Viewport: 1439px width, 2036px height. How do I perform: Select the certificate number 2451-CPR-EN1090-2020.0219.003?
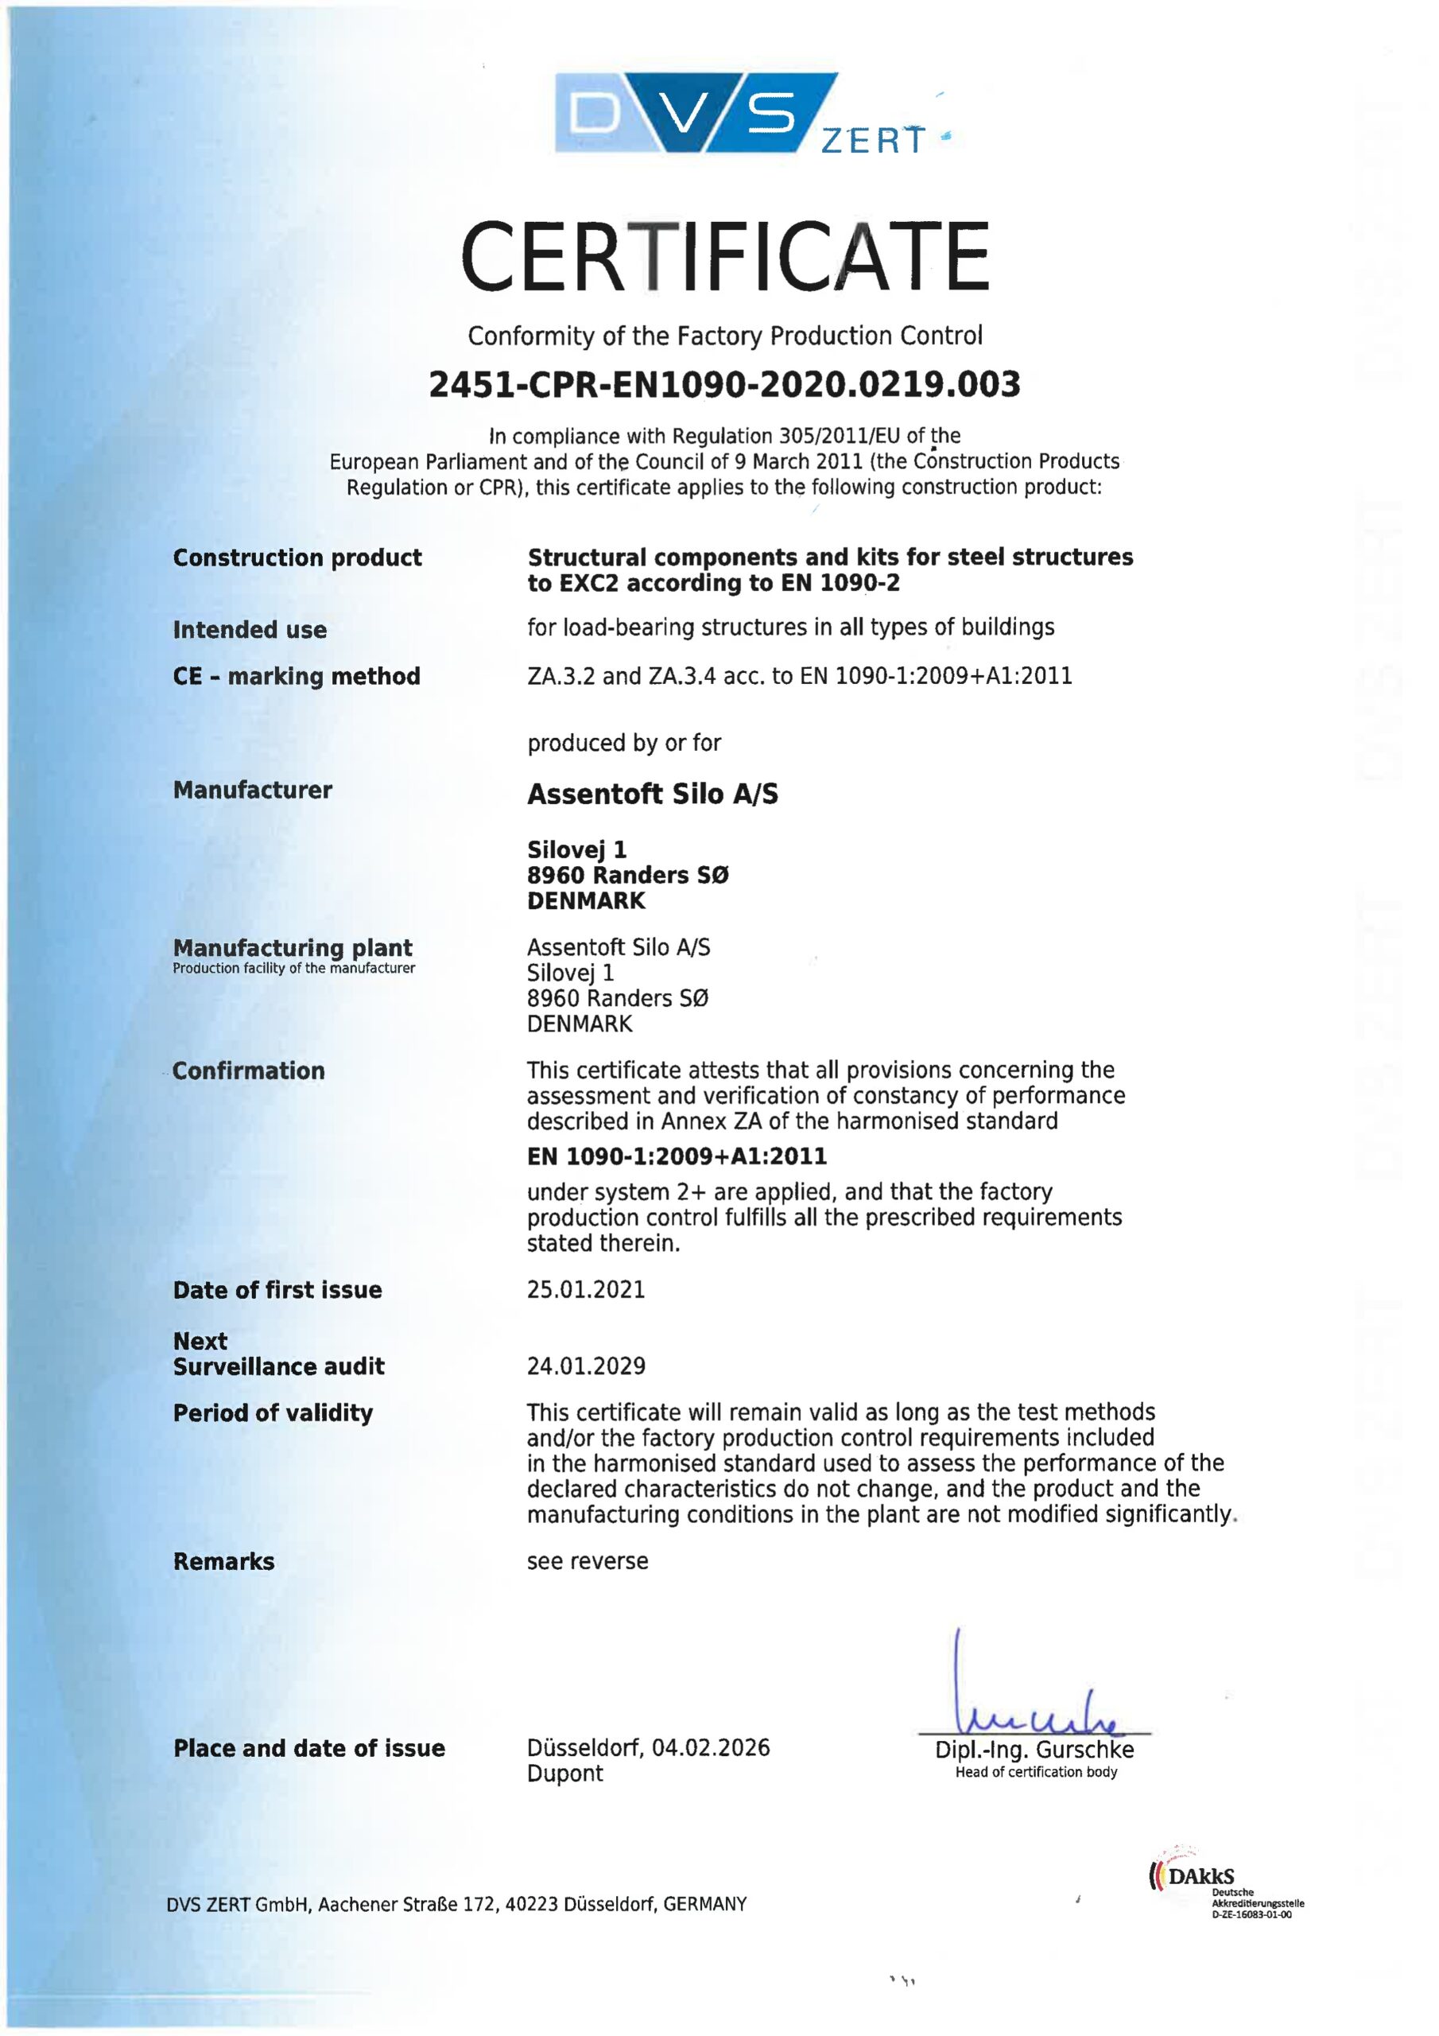724,385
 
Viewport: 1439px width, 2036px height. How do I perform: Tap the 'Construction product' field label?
297,558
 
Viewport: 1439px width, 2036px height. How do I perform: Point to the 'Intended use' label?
249,631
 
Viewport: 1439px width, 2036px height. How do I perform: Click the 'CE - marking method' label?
296,677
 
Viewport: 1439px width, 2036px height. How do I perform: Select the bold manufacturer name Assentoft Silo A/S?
653,794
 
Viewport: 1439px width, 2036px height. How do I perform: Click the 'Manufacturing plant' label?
293,948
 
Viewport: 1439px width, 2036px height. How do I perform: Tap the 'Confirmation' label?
248,1071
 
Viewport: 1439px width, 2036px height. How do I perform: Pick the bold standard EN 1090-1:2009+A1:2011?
677,1156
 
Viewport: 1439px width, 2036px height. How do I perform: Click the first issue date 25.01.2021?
586,1290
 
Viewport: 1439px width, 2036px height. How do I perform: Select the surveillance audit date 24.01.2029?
586,1366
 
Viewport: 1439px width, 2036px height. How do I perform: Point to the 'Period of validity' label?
273,1413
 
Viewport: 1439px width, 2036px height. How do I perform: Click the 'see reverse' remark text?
587,1561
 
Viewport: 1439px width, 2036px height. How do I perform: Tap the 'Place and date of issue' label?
308,1749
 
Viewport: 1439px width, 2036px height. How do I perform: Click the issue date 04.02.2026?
711,1748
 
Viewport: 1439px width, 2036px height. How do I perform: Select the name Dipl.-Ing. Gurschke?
1034,1750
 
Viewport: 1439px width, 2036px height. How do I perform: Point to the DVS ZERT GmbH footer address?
456,1905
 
